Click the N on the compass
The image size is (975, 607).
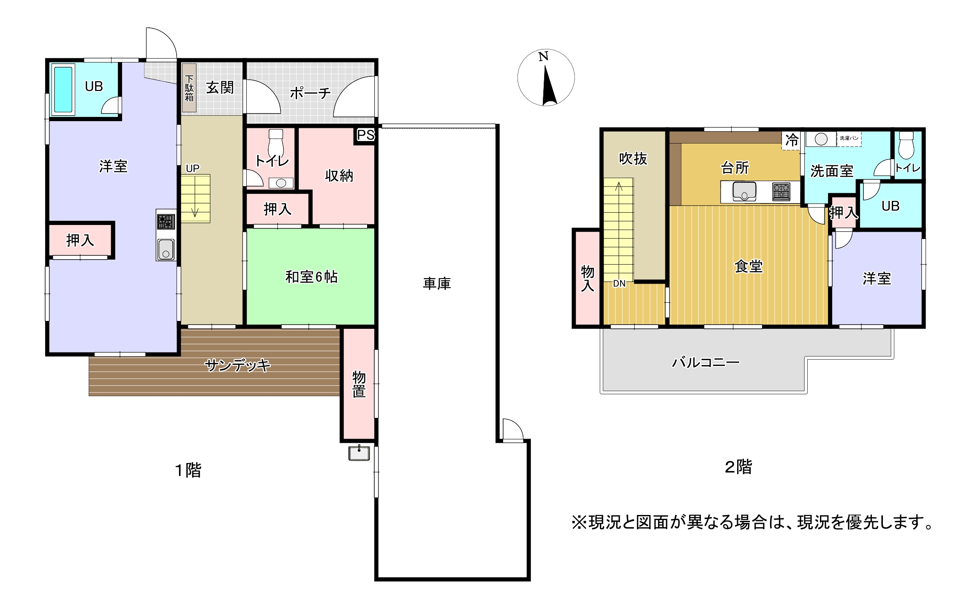coord(544,56)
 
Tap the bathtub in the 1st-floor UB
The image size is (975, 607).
coord(63,89)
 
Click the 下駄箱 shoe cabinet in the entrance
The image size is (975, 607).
coord(189,88)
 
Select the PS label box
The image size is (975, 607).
coord(365,135)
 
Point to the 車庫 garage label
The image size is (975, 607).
coord(437,283)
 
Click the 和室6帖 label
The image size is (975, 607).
coord(311,277)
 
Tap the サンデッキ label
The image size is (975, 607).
coord(237,365)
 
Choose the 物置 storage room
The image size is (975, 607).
coord(359,384)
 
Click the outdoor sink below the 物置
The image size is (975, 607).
coord(359,453)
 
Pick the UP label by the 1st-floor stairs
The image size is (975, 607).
coord(193,168)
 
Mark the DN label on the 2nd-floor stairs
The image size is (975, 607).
coord(619,284)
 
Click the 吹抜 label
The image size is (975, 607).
coord(633,159)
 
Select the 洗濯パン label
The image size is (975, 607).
coord(849,138)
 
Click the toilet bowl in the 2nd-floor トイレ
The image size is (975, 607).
coord(907,145)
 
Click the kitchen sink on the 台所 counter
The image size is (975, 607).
coord(744,192)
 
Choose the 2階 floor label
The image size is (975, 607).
coord(738,467)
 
